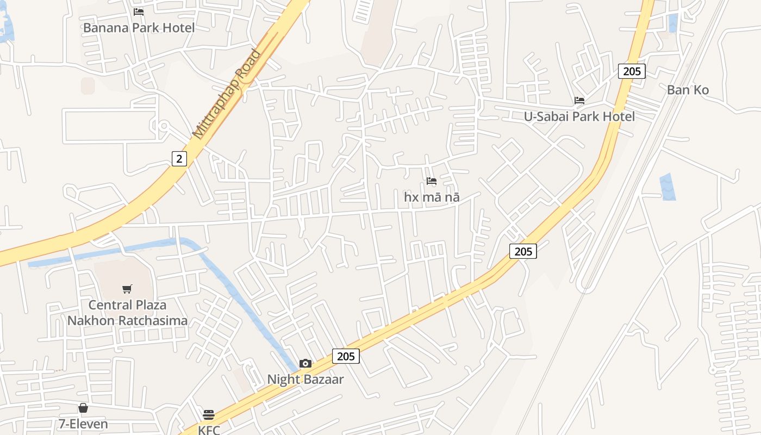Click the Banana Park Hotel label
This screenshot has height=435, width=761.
coord(139,27)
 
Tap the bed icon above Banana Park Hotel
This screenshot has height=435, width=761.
coord(139,11)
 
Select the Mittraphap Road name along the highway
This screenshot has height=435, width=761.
coord(227,94)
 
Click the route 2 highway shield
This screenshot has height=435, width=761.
coord(179,159)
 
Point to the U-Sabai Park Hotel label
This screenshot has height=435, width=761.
coord(579,116)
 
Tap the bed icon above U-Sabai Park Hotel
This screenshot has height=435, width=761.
coord(579,101)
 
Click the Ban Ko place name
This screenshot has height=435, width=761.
coord(688,90)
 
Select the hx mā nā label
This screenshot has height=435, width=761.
coord(432,197)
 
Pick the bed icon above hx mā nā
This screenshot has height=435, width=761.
coord(432,181)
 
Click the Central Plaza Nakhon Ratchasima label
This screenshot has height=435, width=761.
coord(127,313)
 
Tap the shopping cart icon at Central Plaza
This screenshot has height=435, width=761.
coord(127,289)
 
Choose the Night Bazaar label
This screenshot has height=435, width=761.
coord(305,379)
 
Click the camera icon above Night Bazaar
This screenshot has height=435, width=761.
coord(305,363)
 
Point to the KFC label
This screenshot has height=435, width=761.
coord(209,430)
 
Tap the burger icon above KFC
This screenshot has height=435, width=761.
coord(209,415)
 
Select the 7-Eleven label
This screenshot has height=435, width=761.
coord(83,424)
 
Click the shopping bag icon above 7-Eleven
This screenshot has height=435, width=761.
coord(83,408)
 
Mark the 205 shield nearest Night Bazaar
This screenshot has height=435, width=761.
coord(346,356)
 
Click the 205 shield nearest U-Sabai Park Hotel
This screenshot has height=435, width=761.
coord(632,71)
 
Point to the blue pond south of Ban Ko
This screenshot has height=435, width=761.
coord(668,187)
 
